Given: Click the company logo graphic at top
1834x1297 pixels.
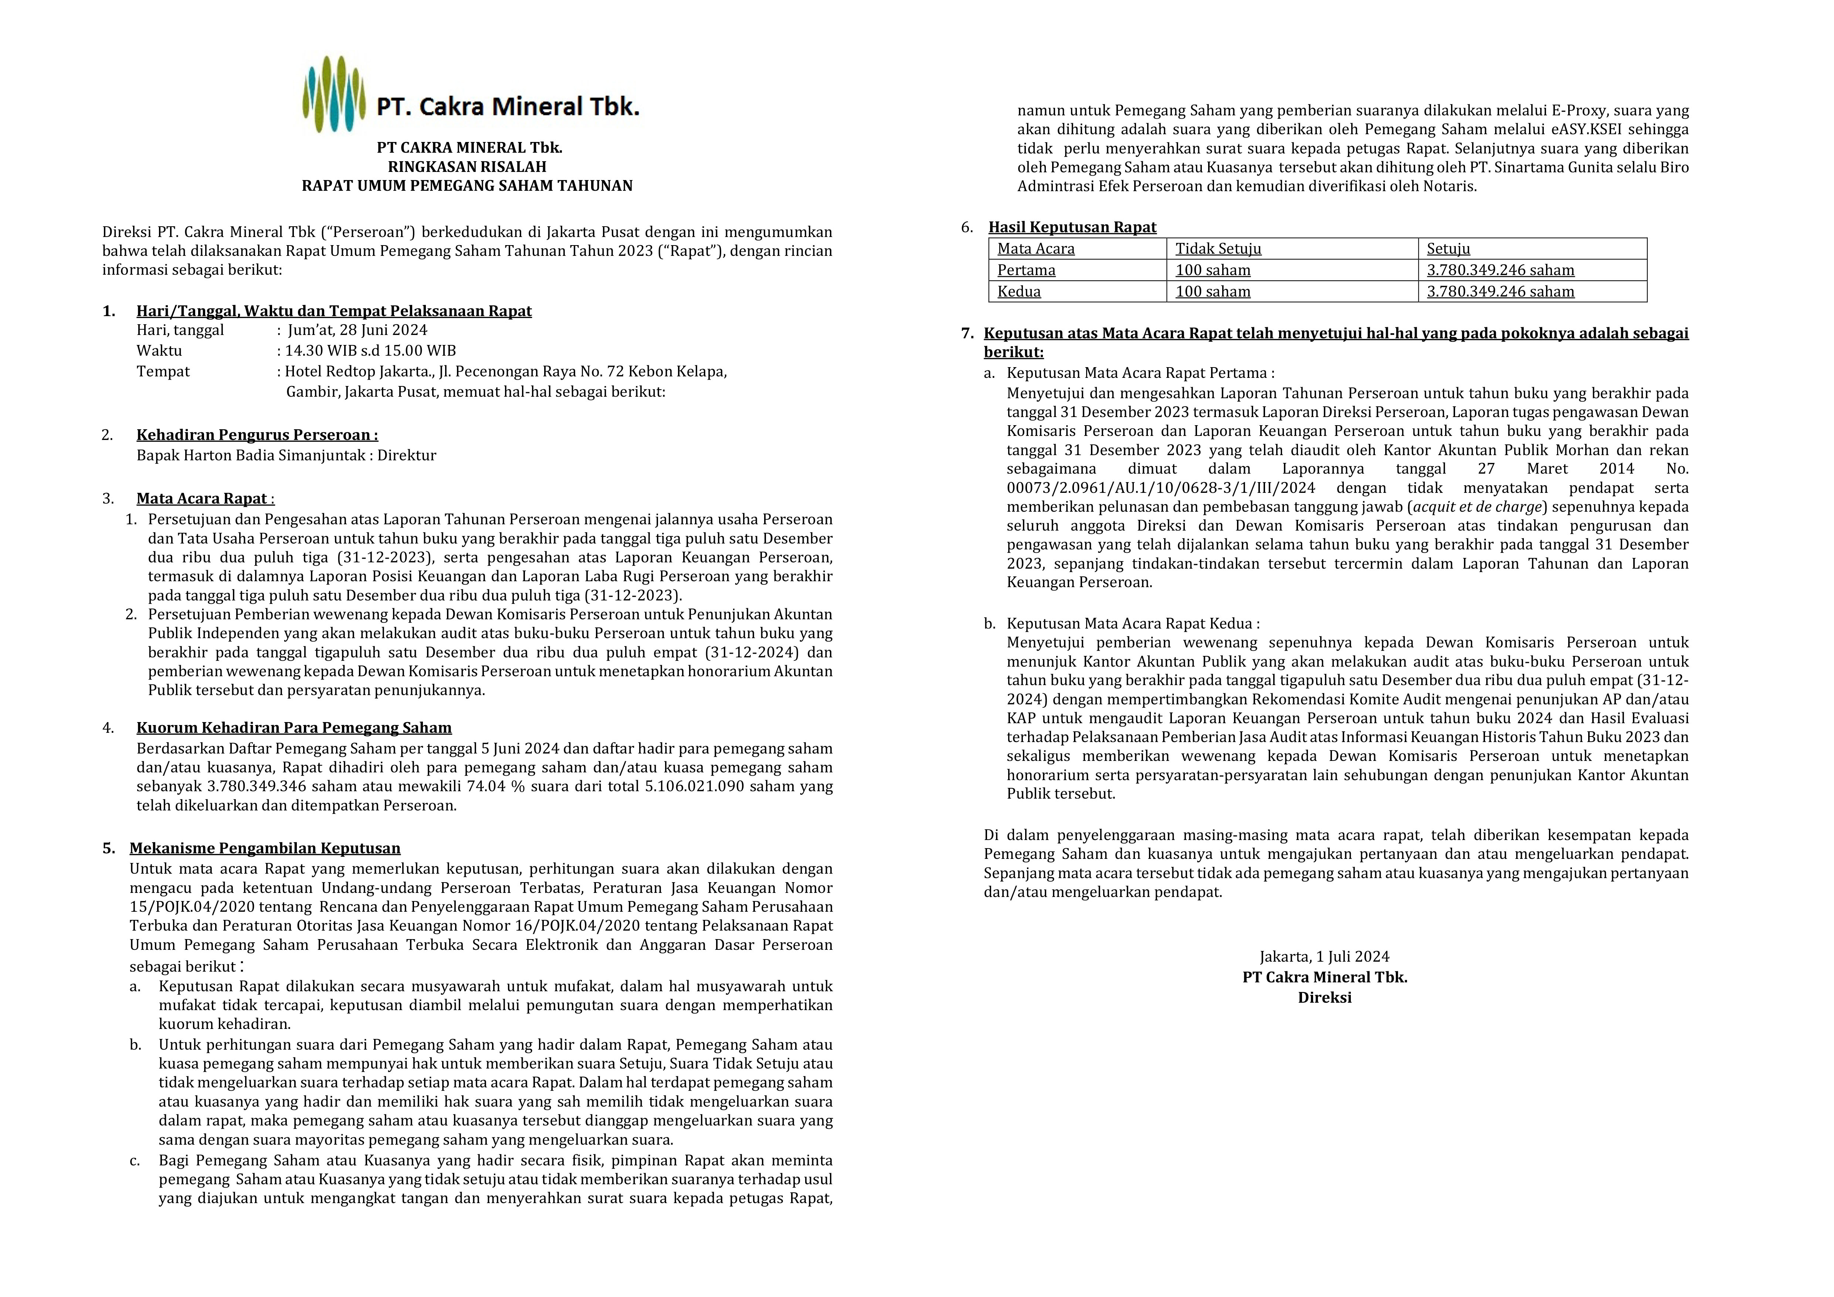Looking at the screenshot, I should tap(334, 94).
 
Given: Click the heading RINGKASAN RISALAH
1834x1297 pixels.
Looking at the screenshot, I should tap(467, 167).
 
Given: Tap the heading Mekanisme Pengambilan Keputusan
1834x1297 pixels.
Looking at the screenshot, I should tap(265, 848).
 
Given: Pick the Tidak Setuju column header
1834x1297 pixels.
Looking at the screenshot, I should tap(1218, 248).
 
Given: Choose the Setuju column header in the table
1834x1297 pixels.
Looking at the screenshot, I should tap(1448, 248).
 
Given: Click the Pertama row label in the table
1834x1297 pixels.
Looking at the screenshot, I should tap(1027, 270).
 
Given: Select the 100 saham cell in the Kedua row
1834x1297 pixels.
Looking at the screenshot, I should tap(1213, 291).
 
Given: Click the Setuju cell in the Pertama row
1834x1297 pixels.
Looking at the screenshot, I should tap(1500, 270).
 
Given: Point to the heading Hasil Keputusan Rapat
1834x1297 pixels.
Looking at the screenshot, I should tap(1072, 227).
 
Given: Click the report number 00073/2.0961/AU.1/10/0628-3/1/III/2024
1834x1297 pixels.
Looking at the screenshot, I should tap(1160, 488).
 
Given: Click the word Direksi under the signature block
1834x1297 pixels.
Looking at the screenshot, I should tap(1324, 998).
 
